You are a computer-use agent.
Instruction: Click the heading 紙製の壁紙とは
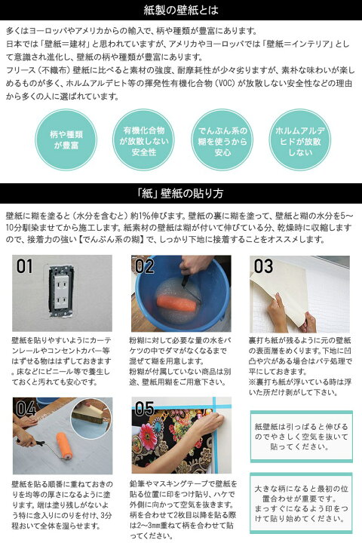[180, 11]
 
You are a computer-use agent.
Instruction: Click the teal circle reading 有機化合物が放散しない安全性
[140, 140]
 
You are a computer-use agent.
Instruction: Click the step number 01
[26, 266]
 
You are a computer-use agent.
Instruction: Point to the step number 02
[144, 266]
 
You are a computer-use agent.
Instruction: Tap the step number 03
[263, 266]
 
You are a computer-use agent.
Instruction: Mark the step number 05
[144, 410]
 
